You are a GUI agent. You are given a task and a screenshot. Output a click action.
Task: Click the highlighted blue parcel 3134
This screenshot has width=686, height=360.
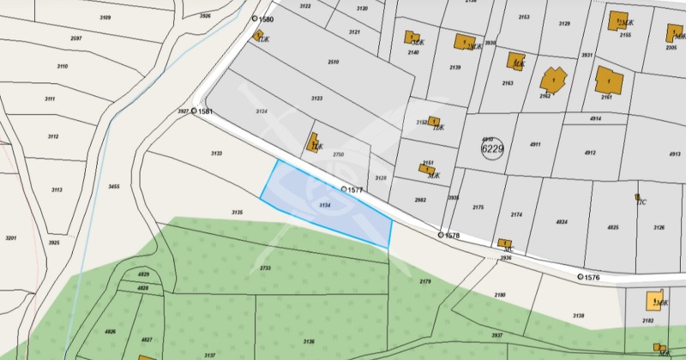click(326, 205)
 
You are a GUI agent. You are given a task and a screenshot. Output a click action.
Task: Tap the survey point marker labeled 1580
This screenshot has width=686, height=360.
click(255, 18)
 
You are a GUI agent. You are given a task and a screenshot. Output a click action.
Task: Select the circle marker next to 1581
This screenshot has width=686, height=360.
click(195, 111)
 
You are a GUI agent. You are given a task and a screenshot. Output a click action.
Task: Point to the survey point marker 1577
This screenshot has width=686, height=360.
click(344, 189)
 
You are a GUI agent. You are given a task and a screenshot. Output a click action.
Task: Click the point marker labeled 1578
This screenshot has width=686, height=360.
click(442, 234)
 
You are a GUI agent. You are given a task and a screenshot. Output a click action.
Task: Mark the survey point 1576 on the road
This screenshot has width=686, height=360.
click(581, 277)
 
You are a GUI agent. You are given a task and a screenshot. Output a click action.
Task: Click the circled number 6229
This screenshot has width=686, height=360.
click(493, 148)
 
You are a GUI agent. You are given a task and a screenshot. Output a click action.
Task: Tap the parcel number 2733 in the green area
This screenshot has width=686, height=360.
click(265, 267)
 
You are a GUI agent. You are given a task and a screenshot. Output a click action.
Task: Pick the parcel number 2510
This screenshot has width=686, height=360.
click(334, 62)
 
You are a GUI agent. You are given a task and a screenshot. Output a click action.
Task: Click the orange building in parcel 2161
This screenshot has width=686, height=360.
click(608, 80)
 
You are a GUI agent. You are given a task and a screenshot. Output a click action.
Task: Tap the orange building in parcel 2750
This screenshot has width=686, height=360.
click(314, 142)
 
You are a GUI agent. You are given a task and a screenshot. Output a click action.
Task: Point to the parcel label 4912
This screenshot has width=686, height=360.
click(590, 153)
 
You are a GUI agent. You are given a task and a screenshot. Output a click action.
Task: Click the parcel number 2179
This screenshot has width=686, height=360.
click(425, 281)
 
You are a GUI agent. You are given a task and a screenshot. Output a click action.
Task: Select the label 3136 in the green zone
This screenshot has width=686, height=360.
click(309, 341)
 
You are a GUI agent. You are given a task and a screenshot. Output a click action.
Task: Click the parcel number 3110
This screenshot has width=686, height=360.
click(62, 66)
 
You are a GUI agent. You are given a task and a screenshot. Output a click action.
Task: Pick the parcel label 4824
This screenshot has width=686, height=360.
click(562, 222)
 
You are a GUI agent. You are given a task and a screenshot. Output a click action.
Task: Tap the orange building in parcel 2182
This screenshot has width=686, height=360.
click(657, 301)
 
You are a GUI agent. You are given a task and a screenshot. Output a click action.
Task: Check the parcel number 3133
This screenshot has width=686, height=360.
click(216, 153)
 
